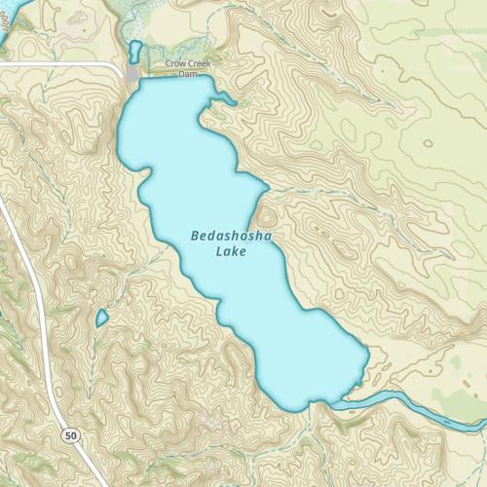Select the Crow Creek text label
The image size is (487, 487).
pos(188,62)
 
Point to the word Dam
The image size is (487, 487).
pos(188,73)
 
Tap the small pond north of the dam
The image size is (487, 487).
pos(134,50)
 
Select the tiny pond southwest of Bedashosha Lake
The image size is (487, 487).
pos(101,318)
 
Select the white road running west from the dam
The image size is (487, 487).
pos(58,65)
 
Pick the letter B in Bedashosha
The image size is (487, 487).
pos(195,236)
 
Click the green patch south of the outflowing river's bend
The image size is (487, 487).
pos(456,362)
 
